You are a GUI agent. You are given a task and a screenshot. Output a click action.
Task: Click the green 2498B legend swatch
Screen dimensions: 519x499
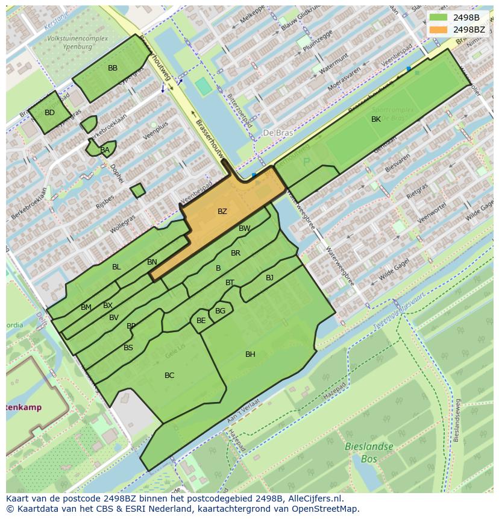(x=438, y=17)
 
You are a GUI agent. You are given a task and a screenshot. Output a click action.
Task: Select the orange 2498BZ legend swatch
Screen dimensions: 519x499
(x=438, y=29)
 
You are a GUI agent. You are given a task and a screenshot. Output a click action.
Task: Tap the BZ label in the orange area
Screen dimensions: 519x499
(x=222, y=212)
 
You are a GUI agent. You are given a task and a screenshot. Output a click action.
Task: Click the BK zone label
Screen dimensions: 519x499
(x=376, y=119)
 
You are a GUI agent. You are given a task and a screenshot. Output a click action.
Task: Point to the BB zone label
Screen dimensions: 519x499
(x=113, y=68)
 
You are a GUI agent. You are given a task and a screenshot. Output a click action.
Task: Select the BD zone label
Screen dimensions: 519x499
(x=49, y=113)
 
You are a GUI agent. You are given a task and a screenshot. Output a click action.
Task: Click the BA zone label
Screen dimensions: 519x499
(x=105, y=150)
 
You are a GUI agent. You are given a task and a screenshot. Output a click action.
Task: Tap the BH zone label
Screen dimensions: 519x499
(x=250, y=354)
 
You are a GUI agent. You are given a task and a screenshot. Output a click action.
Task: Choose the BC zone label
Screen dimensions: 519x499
(x=169, y=376)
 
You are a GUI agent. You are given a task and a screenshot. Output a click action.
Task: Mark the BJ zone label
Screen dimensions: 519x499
(x=269, y=278)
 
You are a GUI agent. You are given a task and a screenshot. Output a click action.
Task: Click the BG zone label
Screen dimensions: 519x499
(x=220, y=311)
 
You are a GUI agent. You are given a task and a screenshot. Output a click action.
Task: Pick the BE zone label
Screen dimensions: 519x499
(x=201, y=321)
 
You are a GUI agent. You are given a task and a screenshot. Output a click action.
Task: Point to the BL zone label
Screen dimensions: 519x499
(x=116, y=267)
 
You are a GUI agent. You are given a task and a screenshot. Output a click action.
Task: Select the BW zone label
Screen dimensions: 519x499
(x=244, y=228)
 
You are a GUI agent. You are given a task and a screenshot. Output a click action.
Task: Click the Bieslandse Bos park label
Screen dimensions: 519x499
(x=368, y=452)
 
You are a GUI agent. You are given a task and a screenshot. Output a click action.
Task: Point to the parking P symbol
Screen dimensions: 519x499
(x=306, y=162)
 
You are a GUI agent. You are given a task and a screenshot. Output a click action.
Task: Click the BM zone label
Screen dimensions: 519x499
(x=86, y=307)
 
